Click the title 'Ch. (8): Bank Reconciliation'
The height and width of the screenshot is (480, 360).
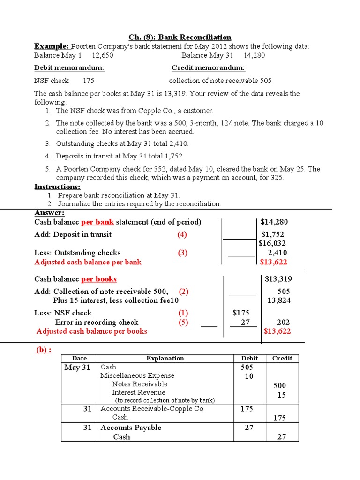click(x=180, y=37)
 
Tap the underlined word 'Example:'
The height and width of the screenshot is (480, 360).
click(x=52, y=46)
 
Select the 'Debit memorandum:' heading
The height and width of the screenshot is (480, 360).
click(x=69, y=68)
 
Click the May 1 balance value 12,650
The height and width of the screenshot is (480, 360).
click(x=102, y=55)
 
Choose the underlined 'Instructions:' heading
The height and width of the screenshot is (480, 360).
click(x=57, y=187)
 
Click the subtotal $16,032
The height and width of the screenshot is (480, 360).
click(x=272, y=243)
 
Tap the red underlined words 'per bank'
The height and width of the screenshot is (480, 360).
click(x=97, y=222)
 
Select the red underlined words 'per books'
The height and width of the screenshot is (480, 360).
click(x=99, y=279)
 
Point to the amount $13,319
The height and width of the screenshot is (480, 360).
click(x=278, y=279)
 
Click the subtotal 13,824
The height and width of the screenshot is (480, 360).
click(x=278, y=300)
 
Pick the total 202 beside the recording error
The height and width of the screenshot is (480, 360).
click(x=283, y=322)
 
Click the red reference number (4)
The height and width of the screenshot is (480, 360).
click(x=182, y=234)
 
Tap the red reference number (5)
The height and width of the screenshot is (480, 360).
click(x=182, y=322)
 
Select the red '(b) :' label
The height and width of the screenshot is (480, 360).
click(x=44, y=350)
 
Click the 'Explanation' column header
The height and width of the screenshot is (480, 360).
click(x=165, y=358)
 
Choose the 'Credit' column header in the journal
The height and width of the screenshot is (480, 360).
click(x=282, y=358)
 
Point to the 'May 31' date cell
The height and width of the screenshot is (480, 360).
click(x=77, y=367)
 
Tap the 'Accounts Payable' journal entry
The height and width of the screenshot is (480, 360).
click(x=131, y=427)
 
